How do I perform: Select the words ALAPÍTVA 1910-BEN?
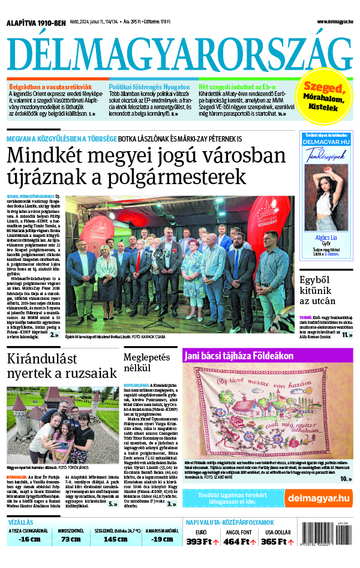[35, 23]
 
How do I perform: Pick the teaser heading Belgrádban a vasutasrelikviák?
[50, 87]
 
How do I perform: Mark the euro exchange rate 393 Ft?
[203, 542]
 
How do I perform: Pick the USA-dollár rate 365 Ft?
[276, 542]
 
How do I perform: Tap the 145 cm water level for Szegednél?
[115, 539]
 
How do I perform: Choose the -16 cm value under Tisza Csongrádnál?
[29, 539]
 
